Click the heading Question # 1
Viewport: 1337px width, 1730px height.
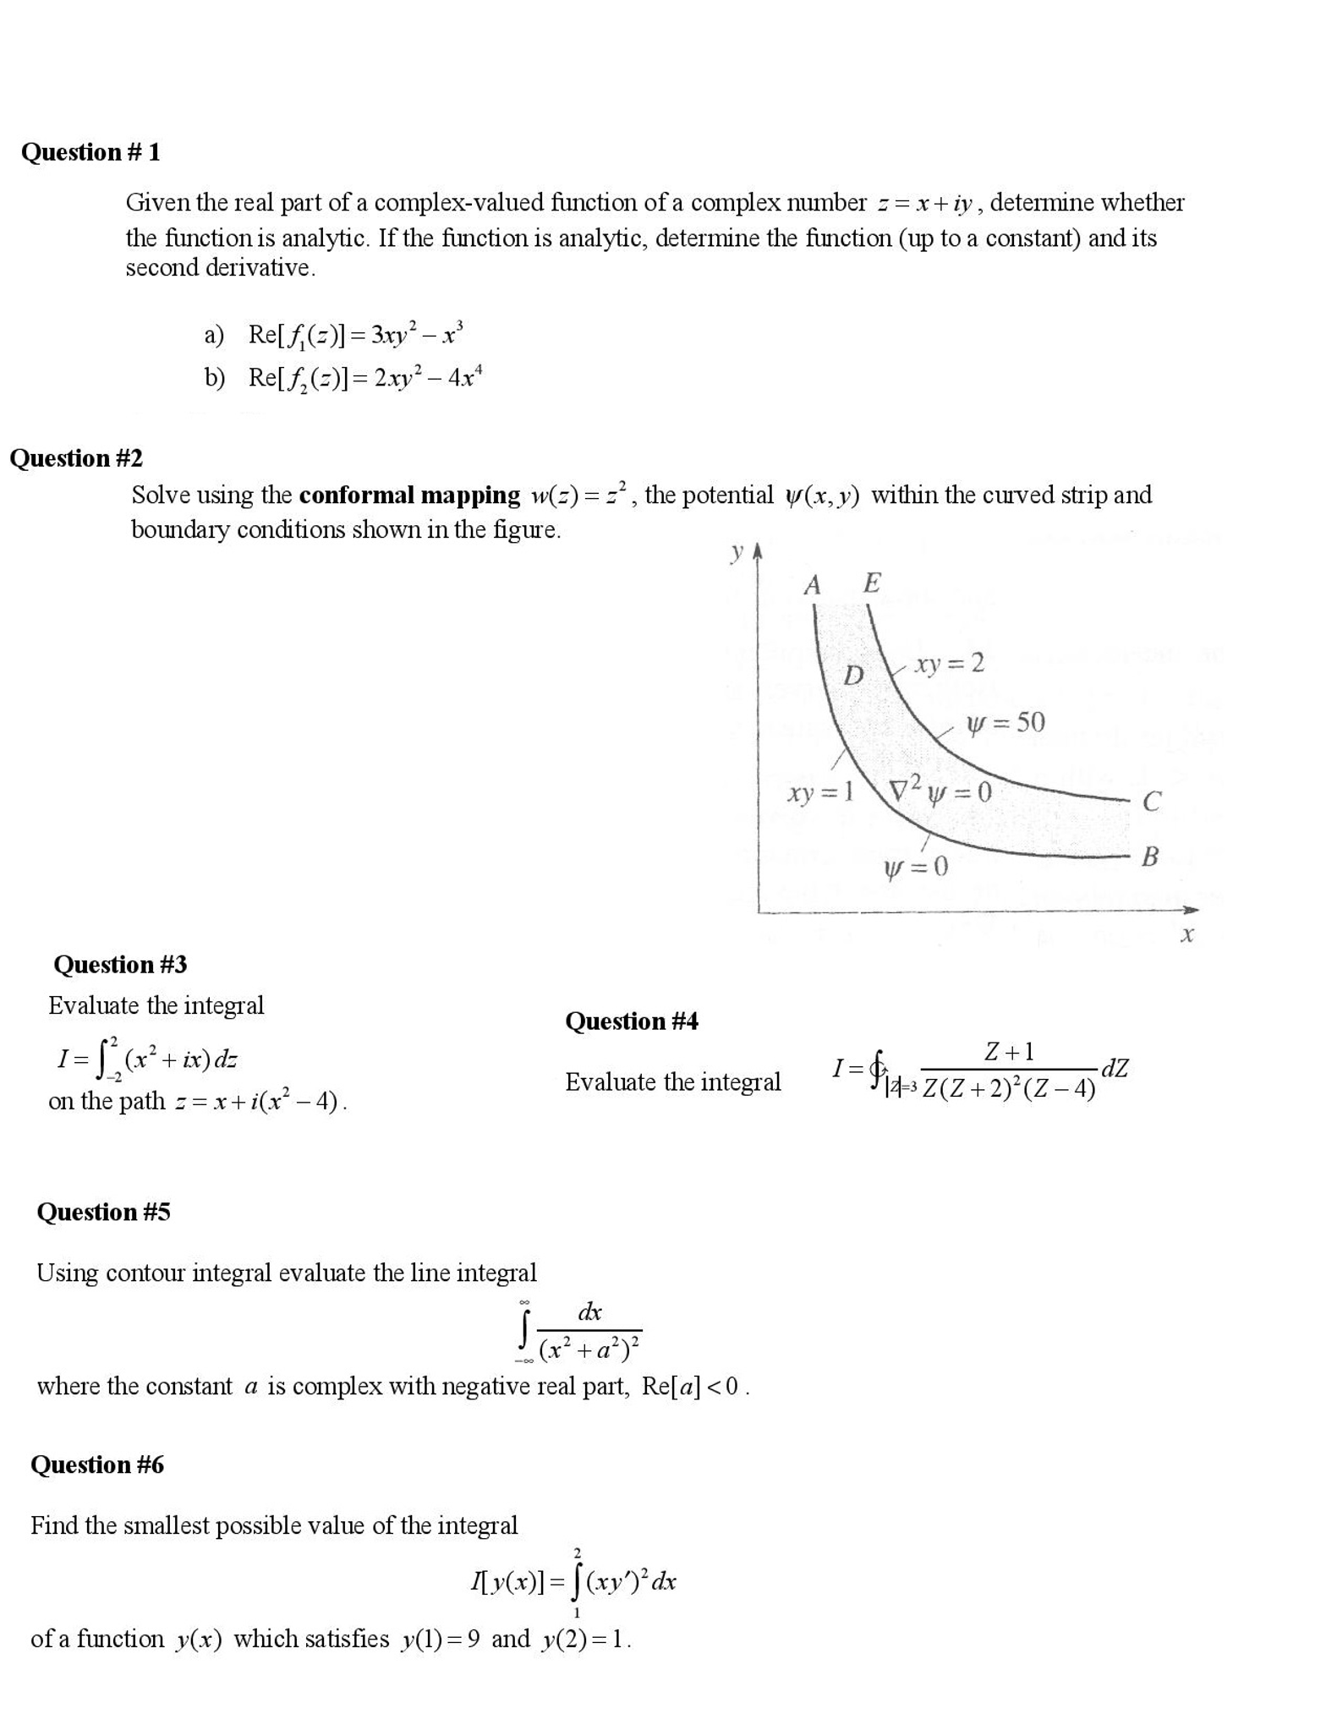coord(90,152)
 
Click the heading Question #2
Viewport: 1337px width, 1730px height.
coord(76,458)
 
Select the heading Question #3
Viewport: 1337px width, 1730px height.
coord(120,964)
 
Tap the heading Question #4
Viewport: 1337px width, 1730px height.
coord(632,1021)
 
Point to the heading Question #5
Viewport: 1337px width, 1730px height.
coord(103,1212)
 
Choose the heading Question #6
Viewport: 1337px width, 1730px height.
coord(97,1464)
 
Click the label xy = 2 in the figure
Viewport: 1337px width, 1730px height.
coord(950,664)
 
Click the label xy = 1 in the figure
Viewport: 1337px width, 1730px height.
coord(819,793)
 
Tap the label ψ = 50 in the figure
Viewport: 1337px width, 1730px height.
coord(1005,722)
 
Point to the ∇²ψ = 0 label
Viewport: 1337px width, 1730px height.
coord(940,792)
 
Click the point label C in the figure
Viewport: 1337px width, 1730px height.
coord(1151,802)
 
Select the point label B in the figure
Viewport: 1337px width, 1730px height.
coord(1149,857)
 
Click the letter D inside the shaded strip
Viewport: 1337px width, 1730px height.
coord(854,676)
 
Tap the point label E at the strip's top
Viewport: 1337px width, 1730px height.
coord(872,583)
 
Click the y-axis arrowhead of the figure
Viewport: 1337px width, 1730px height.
coord(758,550)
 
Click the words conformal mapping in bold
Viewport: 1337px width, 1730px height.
coord(409,495)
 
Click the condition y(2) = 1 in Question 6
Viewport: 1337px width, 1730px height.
coord(586,1640)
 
